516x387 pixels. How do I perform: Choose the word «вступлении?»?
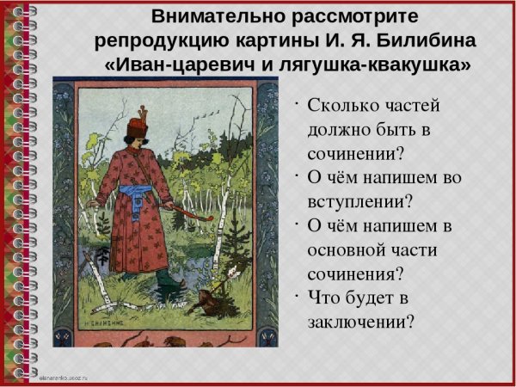pyautogui.click(x=359, y=203)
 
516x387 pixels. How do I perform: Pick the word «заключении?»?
pyautogui.click(x=360, y=322)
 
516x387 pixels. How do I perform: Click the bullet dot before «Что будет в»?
pyautogui.click(x=296, y=295)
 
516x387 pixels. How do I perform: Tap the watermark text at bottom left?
pyautogui.click(x=70, y=378)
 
